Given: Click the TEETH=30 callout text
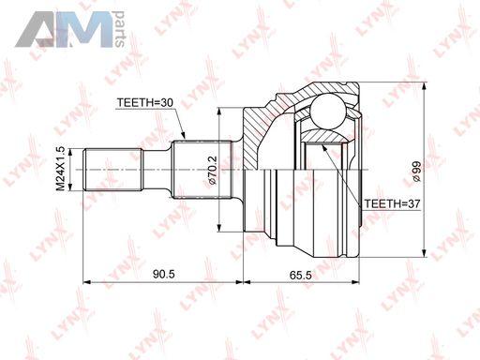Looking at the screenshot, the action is [145, 102].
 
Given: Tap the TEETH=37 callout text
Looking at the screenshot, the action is [392, 203].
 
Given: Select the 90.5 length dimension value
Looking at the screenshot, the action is [164, 274].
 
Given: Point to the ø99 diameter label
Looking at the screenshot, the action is [417, 172].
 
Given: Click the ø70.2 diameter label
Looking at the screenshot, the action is [212, 171].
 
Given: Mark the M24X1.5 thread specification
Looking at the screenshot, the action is [60, 169].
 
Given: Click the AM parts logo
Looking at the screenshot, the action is [70, 29].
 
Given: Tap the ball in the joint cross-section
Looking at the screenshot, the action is [327, 112].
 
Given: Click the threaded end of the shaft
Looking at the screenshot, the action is [113, 170].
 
